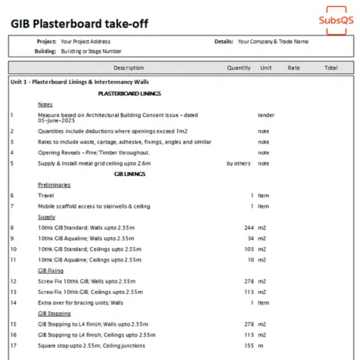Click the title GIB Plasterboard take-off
pos(80,23)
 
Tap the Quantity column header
pos(239,67)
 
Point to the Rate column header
pos(293,67)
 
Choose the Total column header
pos(330,67)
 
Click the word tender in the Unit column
pos(265,115)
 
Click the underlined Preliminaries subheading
pos(55,184)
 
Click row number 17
pos(12,346)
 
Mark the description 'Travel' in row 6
pos(46,195)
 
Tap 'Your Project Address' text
pos(87,42)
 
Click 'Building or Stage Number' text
pos(92,52)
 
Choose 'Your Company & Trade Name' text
pos(273,42)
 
